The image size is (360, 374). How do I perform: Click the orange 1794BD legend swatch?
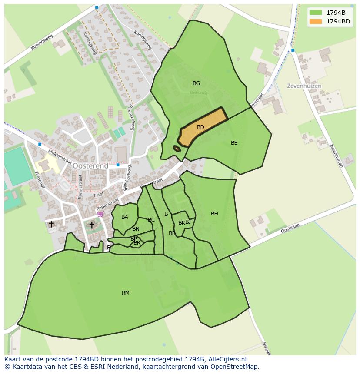[x=316, y=21]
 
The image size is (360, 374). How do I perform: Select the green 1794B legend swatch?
[x=316, y=13]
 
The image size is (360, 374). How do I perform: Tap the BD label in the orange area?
[x=200, y=127]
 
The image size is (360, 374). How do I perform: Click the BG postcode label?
[x=196, y=83]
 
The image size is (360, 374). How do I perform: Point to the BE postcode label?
[x=234, y=143]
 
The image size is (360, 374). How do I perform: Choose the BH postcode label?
[x=214, y=214]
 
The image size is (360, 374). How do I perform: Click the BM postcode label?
[x=126, y=293]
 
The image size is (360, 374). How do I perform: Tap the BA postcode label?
[x=125, y=217]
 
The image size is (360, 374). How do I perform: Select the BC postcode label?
[x=151, y=220]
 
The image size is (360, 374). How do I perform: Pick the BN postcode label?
[x=136, y=229]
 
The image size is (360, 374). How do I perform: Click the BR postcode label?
[x=137, y=243]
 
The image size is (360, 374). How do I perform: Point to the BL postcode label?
[x=110, y=248]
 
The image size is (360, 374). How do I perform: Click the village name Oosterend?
[x=90, y=166]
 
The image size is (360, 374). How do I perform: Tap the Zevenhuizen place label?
[x=304, y=86]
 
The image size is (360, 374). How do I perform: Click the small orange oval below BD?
[x=177, y=149]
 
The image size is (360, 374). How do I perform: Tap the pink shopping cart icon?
[x=100, y=214]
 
